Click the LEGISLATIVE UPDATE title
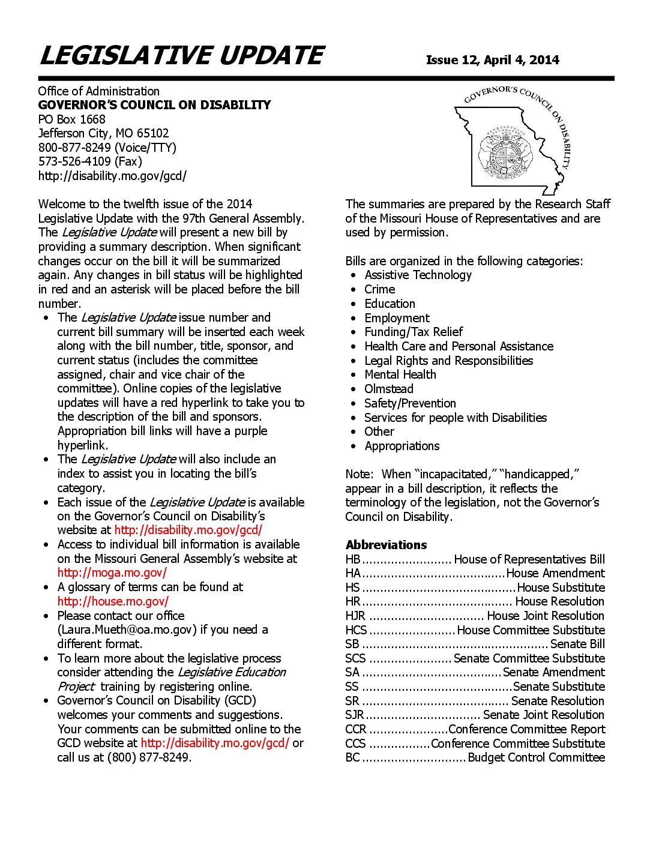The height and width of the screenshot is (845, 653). [181, 56]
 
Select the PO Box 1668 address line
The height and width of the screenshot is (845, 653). [71, 119]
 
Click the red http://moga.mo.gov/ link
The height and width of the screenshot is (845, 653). [112, 573]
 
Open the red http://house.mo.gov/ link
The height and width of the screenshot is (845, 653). [113, 601]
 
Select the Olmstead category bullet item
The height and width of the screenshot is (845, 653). [388, 389]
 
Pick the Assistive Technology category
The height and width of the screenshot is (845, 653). [418, 275]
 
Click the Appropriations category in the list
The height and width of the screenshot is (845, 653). [402, 446]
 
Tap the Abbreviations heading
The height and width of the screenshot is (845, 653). [386, 545]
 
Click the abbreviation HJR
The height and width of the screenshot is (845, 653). [355, 616]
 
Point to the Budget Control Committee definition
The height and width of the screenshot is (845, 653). [536, 757]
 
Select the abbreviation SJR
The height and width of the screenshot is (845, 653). [354, 715]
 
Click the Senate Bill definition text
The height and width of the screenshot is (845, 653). [577, 644]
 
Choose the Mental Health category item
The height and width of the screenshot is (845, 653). [400, 374]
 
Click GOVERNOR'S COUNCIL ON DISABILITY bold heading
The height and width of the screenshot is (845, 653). [154, 105]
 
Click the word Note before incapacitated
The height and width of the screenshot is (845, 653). [358, 474]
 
